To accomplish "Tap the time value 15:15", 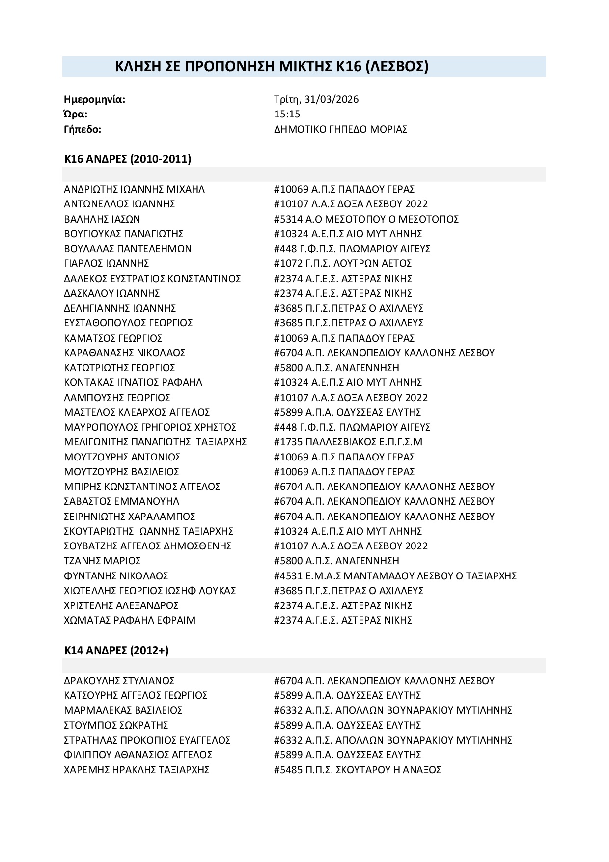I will tap(287, 114).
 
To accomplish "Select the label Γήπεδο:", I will tap(83, 129).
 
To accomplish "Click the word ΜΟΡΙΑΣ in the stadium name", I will tap(389, 129).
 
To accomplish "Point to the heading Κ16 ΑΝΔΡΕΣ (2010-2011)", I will tap(128, 159).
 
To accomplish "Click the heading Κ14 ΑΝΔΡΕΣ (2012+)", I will tap(116, 650).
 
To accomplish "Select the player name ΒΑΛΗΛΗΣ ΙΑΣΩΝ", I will tap(102, 219).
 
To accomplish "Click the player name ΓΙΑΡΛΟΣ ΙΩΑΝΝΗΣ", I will tap(107, 263).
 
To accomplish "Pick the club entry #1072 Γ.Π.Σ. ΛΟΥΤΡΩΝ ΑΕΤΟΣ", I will tap(343, 263).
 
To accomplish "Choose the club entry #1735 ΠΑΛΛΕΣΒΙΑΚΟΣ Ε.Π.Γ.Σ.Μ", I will tap(348, 442).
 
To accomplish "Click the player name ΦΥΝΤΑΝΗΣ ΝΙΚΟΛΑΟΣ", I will tap(116, 575).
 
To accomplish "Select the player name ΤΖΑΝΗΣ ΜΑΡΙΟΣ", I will tap(103, 561).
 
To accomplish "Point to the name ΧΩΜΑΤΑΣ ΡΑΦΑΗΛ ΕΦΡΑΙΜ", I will tap(130, 620).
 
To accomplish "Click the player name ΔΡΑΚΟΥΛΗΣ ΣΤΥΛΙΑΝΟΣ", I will tap(119, 681).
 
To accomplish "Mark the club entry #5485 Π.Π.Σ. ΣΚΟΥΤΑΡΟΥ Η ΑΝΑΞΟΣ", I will tap(358, 770).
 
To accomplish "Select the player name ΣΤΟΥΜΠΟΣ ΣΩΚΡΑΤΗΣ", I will tap(116, 725).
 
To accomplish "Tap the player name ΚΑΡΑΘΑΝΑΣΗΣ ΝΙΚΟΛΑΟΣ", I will tap(125, 353).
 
